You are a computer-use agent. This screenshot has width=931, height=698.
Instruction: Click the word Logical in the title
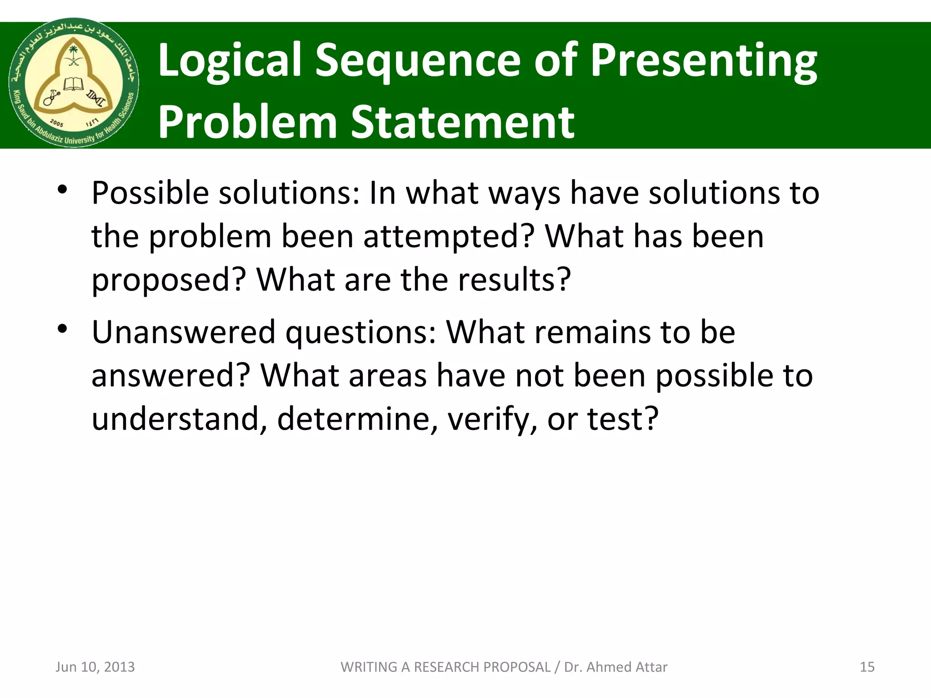[230, 61]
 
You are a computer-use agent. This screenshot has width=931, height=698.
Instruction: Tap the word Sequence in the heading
[418, 61]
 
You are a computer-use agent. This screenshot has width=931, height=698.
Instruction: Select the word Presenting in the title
[703, 61]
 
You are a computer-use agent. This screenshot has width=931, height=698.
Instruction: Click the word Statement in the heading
[463, 122]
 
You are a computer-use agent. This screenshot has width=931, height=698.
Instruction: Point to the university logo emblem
[74, 83]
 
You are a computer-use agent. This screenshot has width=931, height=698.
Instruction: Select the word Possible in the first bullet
[150, 193]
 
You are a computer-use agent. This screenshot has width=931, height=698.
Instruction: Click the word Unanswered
[183, 332]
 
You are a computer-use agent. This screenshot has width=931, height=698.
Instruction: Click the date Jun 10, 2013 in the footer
[95, 667]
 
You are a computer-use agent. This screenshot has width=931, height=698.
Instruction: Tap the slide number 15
[867, 667]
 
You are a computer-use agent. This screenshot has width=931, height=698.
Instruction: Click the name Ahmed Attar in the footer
[628, 667]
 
